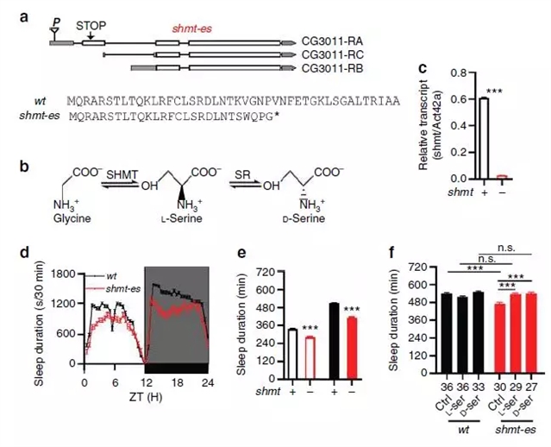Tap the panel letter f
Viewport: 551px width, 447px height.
(x=394, y=255)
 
